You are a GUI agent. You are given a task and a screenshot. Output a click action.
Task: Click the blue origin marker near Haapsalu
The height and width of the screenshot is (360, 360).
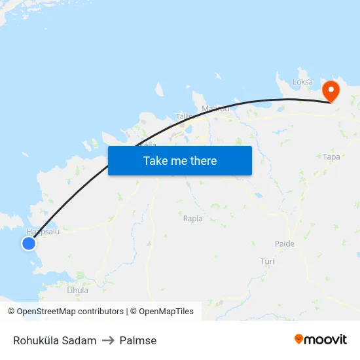28,243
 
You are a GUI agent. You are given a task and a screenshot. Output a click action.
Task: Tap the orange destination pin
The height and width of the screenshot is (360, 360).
331,90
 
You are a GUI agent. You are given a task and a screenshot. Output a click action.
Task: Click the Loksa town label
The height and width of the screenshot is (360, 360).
302,82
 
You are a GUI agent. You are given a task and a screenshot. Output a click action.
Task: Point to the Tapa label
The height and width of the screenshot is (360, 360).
332,157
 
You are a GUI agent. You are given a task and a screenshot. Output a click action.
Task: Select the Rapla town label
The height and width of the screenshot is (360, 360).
193,219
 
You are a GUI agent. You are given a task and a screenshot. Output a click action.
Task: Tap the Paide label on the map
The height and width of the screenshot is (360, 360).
285,243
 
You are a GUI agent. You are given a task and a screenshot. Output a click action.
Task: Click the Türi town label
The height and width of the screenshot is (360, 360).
267,261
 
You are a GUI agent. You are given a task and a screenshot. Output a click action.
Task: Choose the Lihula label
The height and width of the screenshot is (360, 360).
77,289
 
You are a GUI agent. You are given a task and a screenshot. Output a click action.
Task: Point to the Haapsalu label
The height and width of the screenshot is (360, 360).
38,232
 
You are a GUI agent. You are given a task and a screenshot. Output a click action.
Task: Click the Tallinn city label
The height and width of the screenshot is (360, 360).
186,117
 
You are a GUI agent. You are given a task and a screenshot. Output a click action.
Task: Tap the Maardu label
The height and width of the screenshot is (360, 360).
215,109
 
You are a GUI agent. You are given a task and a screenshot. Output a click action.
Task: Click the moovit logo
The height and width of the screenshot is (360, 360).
321,340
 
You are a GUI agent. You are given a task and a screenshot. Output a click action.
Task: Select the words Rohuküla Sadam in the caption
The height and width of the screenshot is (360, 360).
55,340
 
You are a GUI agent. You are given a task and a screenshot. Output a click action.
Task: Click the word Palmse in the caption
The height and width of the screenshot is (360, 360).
138,340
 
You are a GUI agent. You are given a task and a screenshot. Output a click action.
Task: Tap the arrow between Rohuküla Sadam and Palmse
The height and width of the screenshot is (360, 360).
108,340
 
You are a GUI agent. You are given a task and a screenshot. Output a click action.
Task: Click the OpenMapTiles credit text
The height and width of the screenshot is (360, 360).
166,312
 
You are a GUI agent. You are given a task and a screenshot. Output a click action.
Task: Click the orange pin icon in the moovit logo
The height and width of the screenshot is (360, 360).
299,339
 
